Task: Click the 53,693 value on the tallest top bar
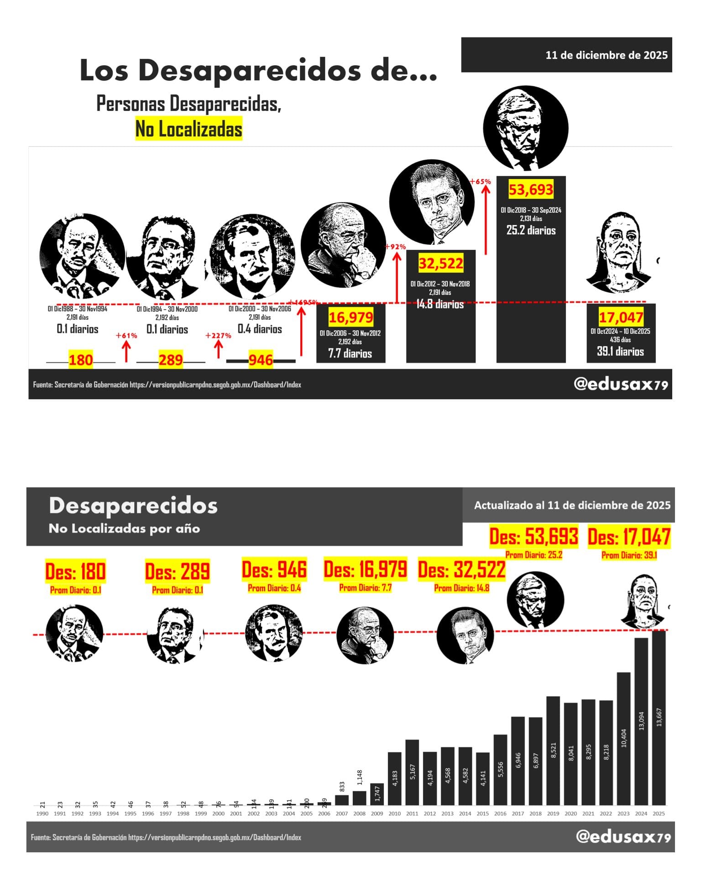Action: (531, 190)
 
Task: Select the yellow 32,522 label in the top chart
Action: (441, 263)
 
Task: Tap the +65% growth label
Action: (481, 181)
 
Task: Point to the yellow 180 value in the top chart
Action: (81, 360)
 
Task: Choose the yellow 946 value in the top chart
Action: (261, 360)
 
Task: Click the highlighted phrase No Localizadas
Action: (188, 129)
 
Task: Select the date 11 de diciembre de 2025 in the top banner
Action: (606, 55)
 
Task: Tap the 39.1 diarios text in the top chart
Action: (620, 351)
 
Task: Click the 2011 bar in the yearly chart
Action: (412, 772)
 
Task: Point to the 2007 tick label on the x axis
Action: (342, 814)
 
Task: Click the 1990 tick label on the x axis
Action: (42, 814)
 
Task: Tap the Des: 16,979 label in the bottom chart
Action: (365, 570)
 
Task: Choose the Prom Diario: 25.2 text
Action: (534, 555)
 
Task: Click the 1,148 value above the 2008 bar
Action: (360, 775)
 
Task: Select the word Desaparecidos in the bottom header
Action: (133, 506)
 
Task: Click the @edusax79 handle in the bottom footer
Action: (623, 836)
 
